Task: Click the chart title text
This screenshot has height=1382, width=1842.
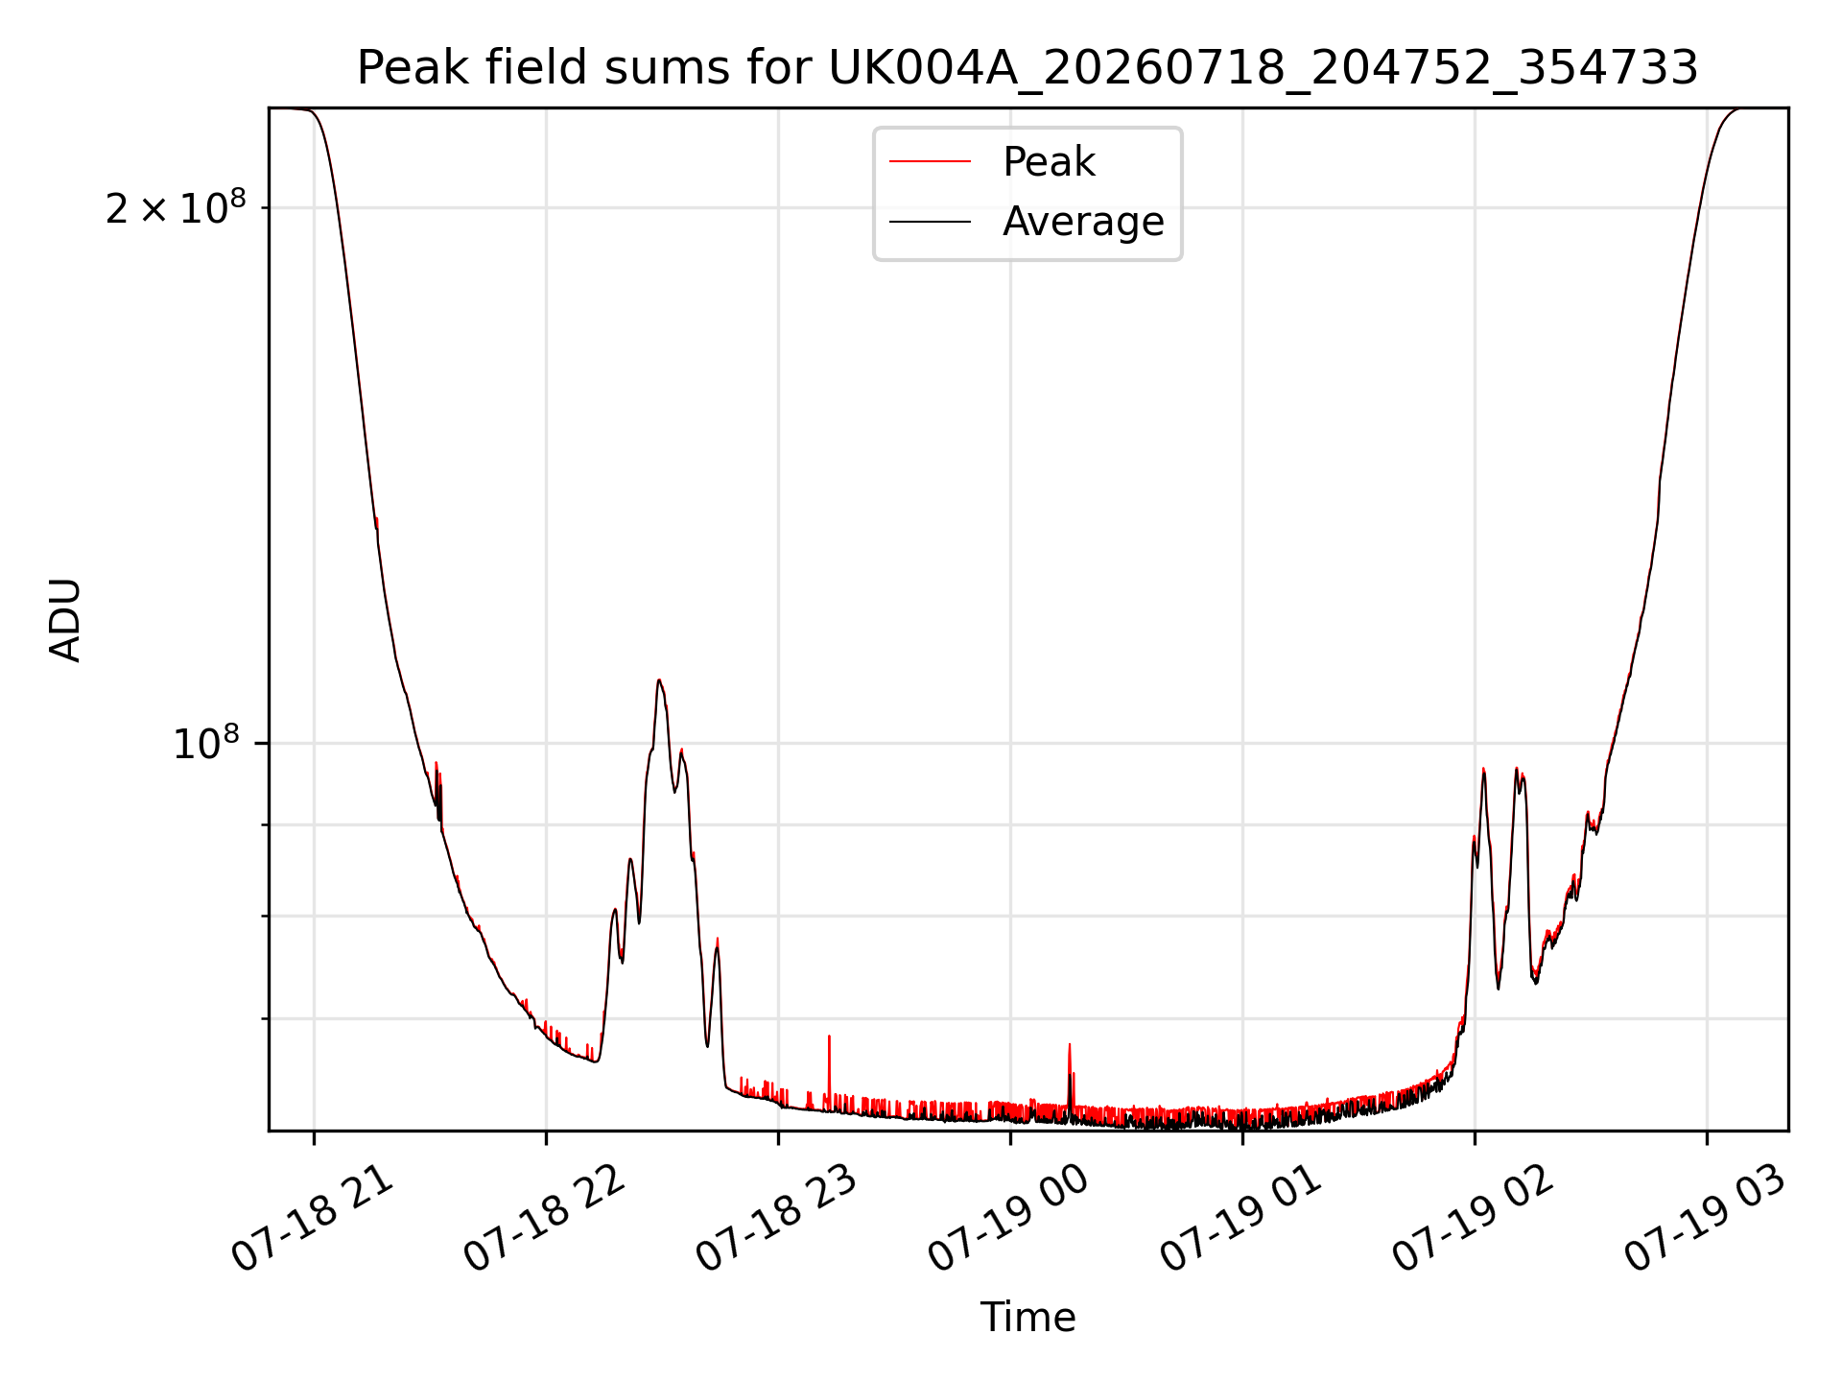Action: pos(1027,68)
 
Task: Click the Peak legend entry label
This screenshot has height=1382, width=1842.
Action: pos(1049,162)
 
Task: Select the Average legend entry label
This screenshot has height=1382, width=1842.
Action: pos(1083,222)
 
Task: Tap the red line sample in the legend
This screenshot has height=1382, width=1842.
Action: pos(930,162)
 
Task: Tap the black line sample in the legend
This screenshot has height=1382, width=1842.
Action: pos(930,222)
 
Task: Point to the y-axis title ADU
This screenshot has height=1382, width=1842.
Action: pos(65,619)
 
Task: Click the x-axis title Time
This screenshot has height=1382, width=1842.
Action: pos(1027,1318)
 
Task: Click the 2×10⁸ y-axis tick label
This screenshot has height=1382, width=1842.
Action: pos(176,207)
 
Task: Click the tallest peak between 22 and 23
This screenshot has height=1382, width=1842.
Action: pos(658,680)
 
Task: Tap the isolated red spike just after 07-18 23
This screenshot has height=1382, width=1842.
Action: pos(829,1036)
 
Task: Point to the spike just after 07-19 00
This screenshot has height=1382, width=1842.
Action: pos(1070,1045)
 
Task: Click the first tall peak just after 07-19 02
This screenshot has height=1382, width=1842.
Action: pos(1483,770)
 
